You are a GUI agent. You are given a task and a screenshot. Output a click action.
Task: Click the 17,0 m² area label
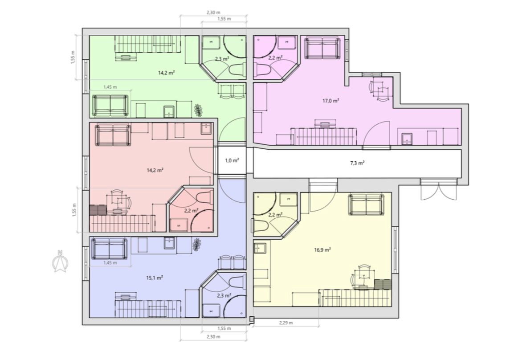(330, 101)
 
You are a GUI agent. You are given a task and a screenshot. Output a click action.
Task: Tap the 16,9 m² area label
(322, 250)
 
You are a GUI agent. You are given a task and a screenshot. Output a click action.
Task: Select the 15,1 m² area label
(155, 278)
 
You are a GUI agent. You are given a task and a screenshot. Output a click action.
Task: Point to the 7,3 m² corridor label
(357, 163)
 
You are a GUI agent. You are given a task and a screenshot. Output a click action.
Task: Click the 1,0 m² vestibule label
(232, 160)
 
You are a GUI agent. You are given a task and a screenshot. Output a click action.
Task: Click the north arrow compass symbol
(60, 261)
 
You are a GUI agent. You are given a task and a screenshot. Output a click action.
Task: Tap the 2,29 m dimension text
(286, 323)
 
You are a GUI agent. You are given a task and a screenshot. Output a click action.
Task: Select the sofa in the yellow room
(366, 205)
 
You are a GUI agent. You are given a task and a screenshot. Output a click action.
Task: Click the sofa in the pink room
(322, 48)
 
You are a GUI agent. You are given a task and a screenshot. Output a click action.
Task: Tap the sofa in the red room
(113, 135)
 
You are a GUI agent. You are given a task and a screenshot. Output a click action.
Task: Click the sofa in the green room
(110, 106)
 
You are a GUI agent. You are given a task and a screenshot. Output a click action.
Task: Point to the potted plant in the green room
(198, 110)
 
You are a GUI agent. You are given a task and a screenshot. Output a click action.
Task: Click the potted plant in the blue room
(196, 245)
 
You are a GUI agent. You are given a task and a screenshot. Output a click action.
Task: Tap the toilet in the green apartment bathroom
(237, 69)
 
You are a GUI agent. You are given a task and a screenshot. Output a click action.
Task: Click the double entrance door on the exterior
(439, 189)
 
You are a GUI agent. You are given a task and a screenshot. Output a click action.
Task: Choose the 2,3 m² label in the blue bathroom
(224, 295)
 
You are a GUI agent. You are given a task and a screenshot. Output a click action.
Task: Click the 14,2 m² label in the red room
(155, 170)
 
